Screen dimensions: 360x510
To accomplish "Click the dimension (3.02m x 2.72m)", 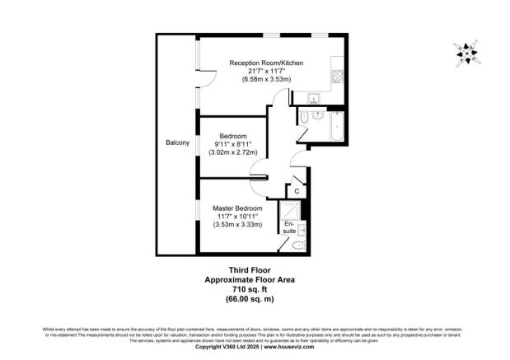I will tap(233, 152).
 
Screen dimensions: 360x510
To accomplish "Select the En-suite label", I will tap(290, 227).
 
